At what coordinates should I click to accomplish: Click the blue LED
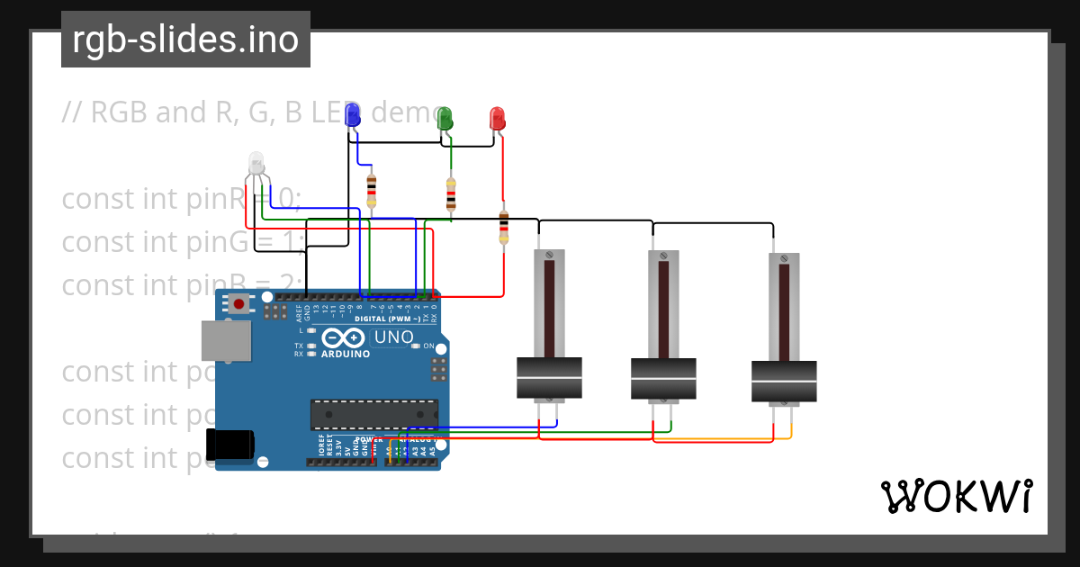(353, 115)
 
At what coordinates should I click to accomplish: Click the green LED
(445, 118)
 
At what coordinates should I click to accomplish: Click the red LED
(497, 118)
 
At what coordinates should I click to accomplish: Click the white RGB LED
(256, 164)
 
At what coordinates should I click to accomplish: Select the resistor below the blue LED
(372, 191)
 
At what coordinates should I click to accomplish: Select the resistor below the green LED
(451, 194)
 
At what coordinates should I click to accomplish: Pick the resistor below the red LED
(503, 226)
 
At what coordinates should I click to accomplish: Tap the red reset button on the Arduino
(238, 304)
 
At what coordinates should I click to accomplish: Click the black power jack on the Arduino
(230, 445)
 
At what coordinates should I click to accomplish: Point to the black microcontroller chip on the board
(374, 414)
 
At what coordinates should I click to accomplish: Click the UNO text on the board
(394, 337)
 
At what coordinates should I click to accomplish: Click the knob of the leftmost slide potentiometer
(549, 378)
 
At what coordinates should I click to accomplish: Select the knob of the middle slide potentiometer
(663, 379)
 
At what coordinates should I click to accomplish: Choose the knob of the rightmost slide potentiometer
(784, 382)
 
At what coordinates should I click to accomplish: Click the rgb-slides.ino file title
(185, 40)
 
